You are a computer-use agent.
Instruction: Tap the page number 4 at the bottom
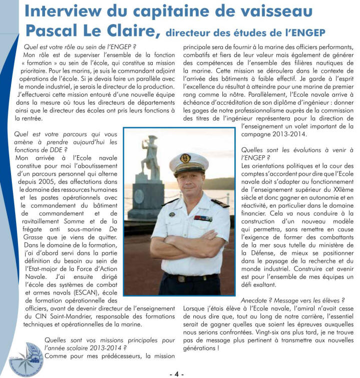(x=177, y=373)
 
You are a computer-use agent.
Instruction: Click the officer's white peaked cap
(x=188, y=161)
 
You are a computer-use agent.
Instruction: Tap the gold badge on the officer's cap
(x=185, y=158)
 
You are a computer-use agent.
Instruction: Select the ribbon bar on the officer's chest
(x=203, y=218)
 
